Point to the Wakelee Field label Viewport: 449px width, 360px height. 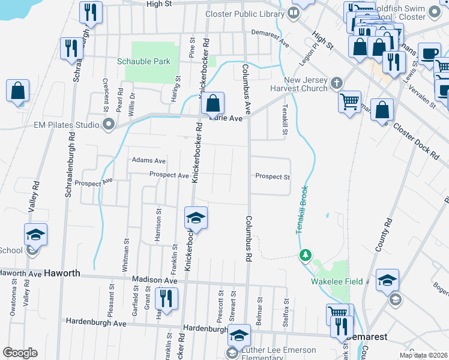pos(330,281)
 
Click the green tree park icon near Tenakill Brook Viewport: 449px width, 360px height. pos(306,256)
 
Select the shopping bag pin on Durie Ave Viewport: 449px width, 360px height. pos(212,104)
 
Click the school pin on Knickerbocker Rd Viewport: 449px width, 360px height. pos(196,218)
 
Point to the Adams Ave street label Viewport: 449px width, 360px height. pos(148,161)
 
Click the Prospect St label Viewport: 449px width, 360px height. pos(273,177)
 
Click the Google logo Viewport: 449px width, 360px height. pos(20,353)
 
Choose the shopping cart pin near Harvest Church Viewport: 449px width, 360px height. pos(349,101)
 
